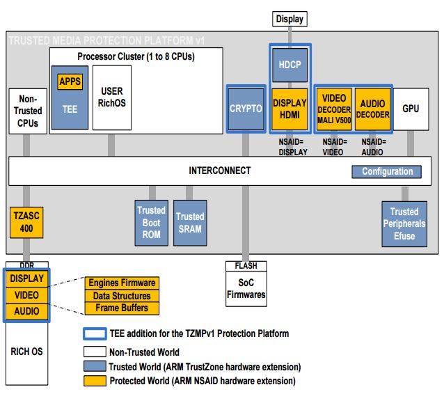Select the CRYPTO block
point(246,108)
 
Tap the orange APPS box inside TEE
point(70,81)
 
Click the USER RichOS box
point(111,97)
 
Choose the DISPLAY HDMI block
point(290,109)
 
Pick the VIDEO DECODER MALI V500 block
point(334,109)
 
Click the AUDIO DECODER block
point(372,109)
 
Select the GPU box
point(411,108)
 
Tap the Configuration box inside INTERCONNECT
point(387,171)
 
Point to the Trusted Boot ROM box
point(151,223)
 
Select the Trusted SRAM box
point(189,223)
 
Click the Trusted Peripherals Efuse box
point(404,223)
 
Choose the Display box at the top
point(290,19)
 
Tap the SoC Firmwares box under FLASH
point(246,290)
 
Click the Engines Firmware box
point(122,283)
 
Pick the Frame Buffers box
point(122,308)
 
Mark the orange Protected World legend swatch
point(94,381)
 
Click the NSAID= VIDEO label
point(334,147)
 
